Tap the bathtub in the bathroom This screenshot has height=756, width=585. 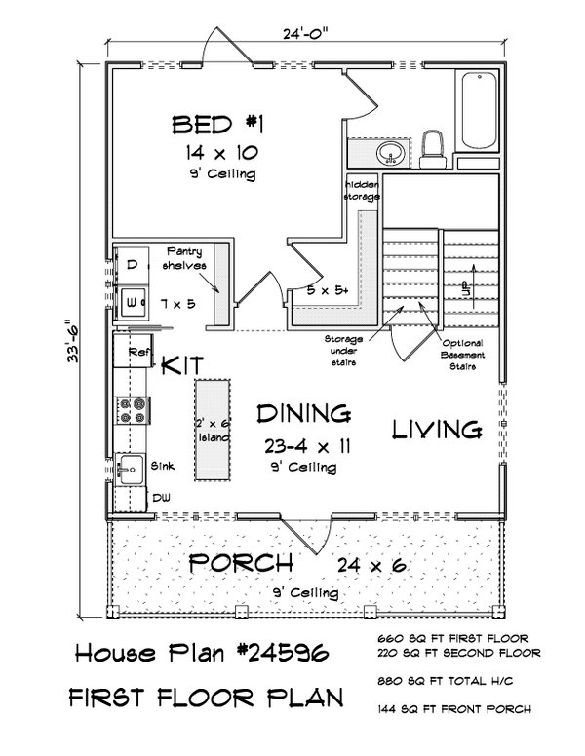(479, 118)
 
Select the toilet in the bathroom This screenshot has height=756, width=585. (433, 148)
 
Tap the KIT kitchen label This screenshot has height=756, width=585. (182, 365)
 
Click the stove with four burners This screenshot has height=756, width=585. (132, 410)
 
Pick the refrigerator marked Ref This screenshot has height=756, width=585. (133, 350)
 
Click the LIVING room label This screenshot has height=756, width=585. (438, 429)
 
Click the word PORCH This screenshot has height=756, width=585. (240, 562)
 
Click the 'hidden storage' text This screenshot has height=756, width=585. (361, 189)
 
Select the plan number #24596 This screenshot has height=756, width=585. (292, 653)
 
